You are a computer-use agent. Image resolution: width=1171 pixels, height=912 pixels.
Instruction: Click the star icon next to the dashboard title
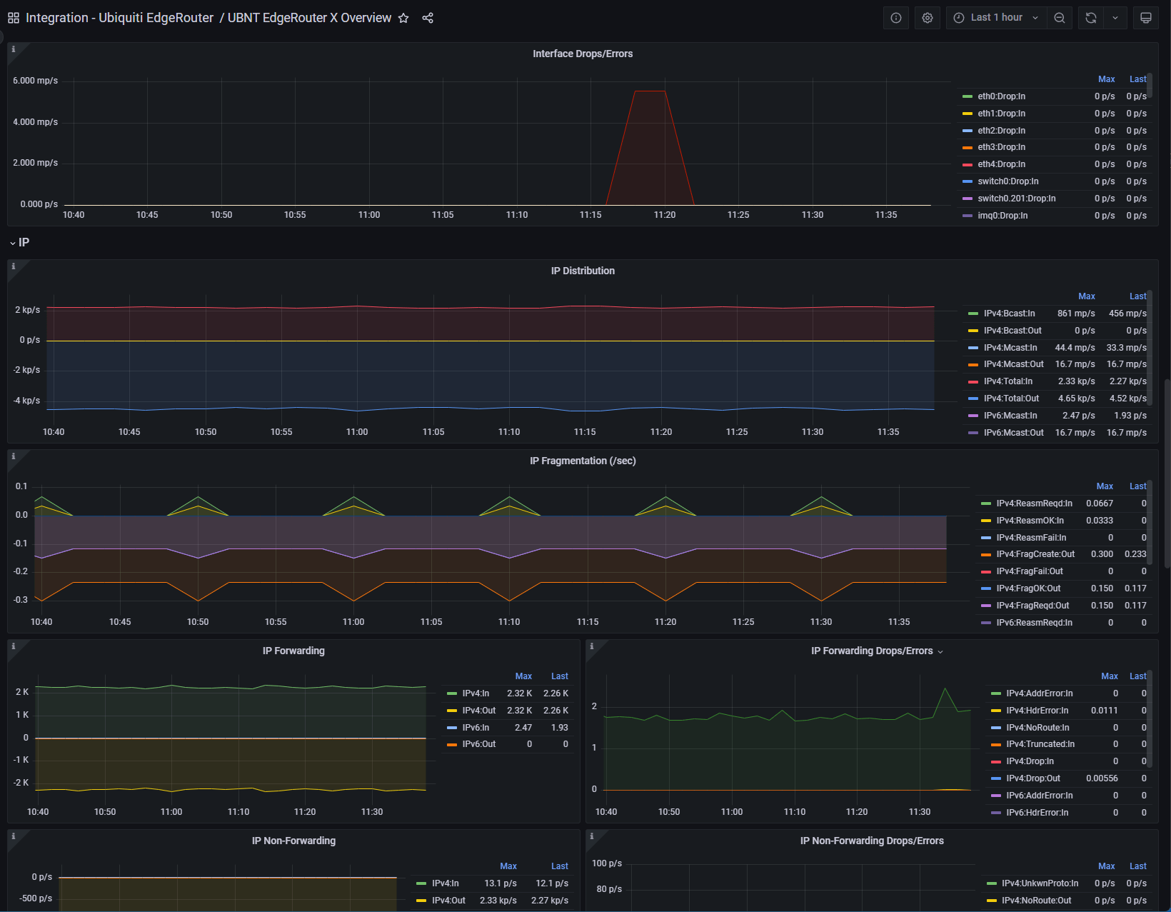click(x=403, y=18)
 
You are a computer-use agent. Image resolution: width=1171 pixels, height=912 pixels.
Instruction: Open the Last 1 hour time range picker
click(x=997, y=18)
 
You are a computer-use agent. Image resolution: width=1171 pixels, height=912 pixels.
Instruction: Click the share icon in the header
click(x=428, y=18)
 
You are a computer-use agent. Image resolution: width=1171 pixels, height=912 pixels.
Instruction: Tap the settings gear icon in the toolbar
click(x=928, y=18)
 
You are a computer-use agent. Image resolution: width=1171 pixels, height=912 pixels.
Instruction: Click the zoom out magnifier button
click(x=1060, y=18)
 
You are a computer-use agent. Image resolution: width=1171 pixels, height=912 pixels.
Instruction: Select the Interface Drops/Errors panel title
click(x=583, y=54)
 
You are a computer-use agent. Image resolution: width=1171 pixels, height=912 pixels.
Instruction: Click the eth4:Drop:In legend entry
click(x=1001, y=164)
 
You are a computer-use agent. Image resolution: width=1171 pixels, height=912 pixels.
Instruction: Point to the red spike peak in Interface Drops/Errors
click(x=650, y=91)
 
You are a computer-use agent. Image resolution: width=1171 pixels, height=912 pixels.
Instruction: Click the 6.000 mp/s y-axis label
click(x=35, y=81)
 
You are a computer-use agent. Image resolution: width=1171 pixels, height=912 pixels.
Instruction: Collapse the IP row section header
click(x=20, y=243)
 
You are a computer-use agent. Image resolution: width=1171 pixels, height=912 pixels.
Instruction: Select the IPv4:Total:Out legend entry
click(x=1011, y=399)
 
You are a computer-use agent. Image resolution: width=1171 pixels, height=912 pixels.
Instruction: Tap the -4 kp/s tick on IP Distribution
click(x=26, y=401)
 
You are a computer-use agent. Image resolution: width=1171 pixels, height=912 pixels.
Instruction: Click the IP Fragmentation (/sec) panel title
click(x=583, y=461)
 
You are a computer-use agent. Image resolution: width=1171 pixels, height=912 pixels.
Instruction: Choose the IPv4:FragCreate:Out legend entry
click(x=1035, y=554)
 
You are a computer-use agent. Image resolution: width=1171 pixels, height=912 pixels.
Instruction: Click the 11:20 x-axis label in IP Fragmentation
click(x=665, y=622)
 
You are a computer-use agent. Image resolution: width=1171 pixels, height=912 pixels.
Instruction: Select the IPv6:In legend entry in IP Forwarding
click(x=476, y=728)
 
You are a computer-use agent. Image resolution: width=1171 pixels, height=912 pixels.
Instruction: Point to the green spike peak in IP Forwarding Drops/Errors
click(x=945, y=688)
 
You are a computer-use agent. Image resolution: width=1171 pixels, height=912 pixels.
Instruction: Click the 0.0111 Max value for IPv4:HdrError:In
click(x=1104, y=711)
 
